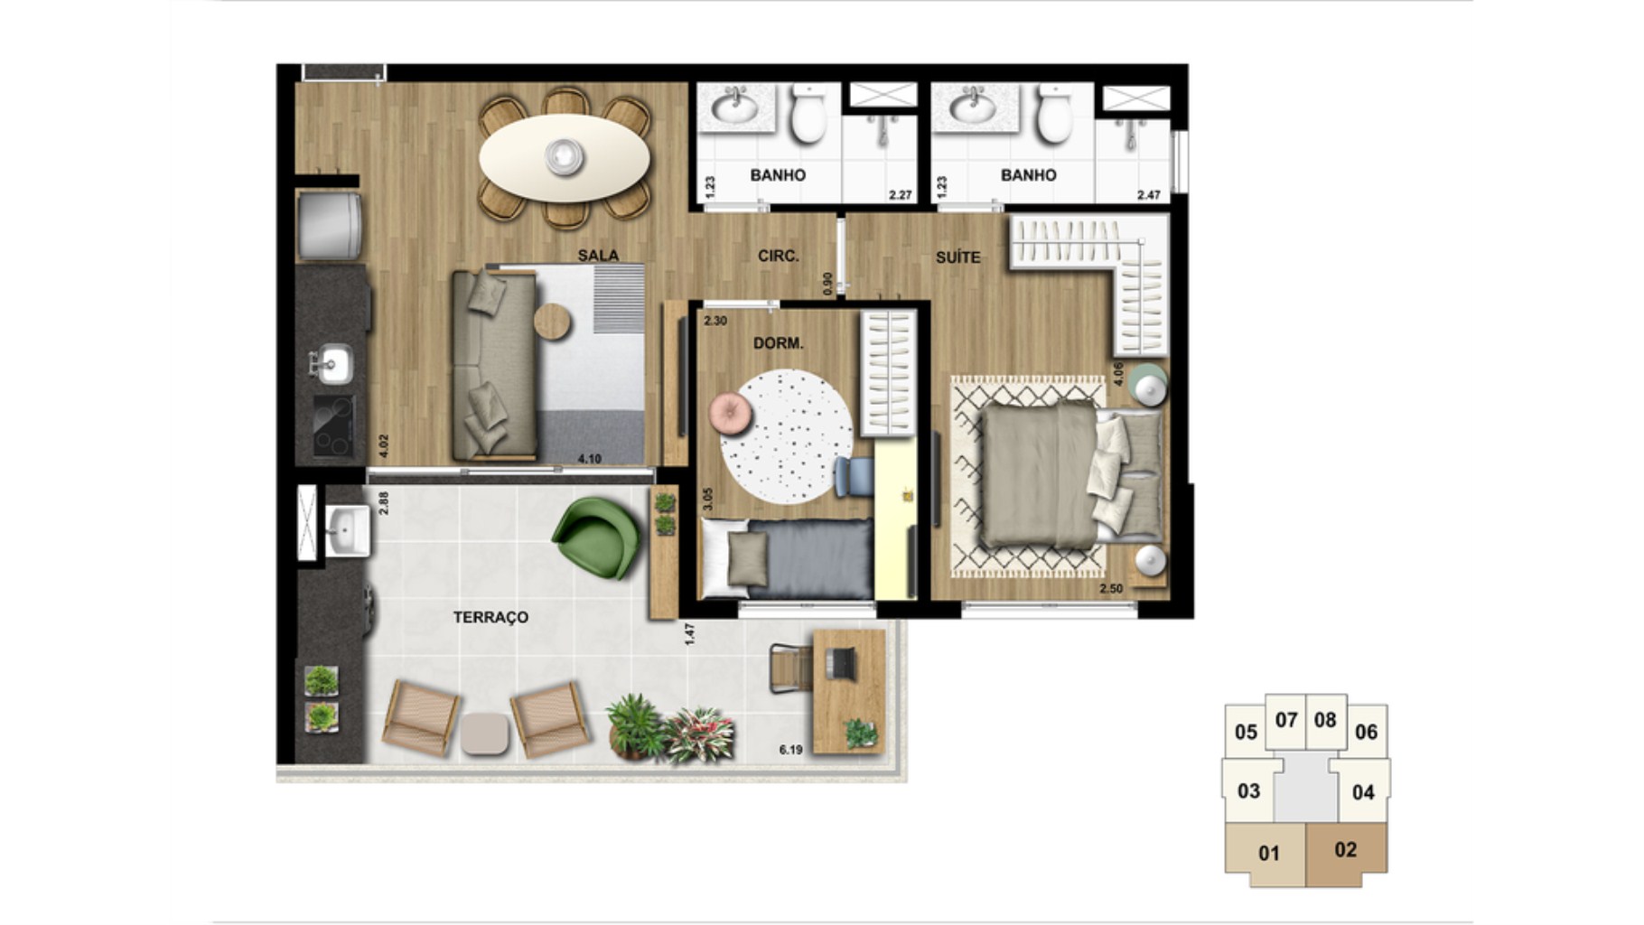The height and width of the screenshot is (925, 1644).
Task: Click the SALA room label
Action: point(598,256)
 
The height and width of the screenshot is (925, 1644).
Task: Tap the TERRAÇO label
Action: point(490,618)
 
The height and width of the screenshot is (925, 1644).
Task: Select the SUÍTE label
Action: point(957,257)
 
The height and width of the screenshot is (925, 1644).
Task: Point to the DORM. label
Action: point(778,343)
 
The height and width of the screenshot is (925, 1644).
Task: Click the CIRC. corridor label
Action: point(778,257)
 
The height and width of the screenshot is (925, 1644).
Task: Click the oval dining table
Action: point(565,158)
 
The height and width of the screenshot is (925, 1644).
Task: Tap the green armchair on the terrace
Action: point(597,537)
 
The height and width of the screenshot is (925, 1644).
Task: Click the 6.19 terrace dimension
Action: point(790,750)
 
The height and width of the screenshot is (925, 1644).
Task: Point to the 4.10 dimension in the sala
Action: point(589,459)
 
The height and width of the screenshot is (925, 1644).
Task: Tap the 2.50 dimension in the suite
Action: point(1111,589)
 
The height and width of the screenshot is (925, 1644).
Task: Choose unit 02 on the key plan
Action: point(1346,850)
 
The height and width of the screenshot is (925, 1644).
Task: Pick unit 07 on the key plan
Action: point(1286,721)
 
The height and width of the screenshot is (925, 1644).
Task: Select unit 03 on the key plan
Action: point(1248,791)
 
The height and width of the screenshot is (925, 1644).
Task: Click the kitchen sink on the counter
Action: point(332,365)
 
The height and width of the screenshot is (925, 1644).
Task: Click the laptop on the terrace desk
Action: point(843,662)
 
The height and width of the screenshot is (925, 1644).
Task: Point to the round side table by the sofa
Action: point(552,322)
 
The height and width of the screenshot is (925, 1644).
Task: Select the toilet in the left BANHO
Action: point(808,114)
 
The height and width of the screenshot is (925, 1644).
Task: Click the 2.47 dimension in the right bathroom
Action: point(1148,195)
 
